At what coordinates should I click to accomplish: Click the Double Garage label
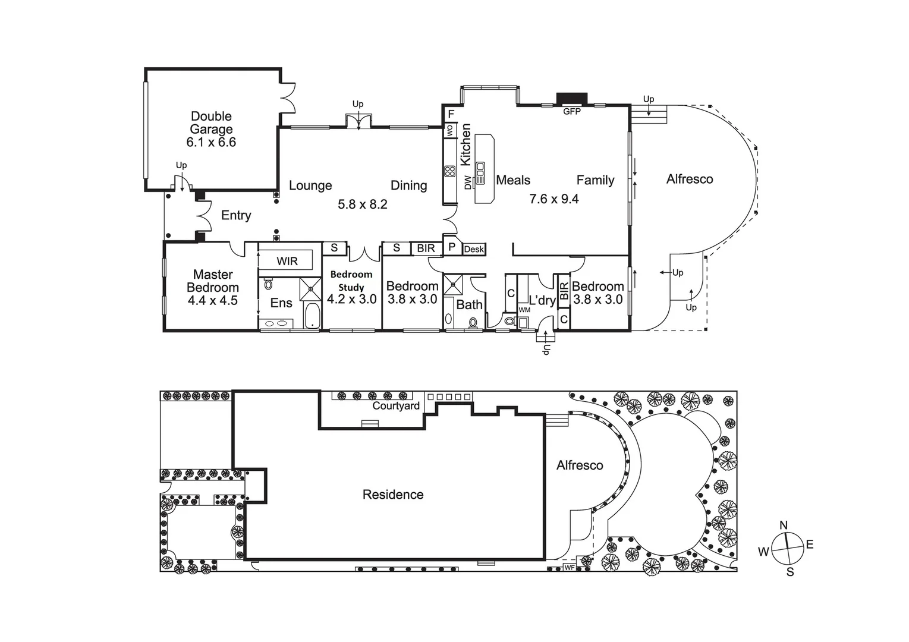[211, 123]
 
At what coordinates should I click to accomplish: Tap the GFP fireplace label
[571, 111]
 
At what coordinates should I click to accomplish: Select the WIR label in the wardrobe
[287, 261]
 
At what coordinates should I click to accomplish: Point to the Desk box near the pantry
[474, 249]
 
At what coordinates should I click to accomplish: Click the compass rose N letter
[784, 525]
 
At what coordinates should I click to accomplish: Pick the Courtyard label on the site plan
[396, 406]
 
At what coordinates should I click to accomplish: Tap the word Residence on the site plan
[393, 495]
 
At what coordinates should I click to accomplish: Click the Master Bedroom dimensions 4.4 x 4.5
[212, 301]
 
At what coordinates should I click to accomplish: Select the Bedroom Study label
[351, 281]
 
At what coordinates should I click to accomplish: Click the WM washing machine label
[524, 310]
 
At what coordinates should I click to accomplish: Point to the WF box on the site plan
[569, 568]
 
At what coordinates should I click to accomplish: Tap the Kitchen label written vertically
[465, 144]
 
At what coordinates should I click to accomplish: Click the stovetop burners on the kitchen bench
[449, 172]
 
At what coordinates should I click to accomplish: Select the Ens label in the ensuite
[281, 303]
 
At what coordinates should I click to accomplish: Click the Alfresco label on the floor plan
[690, 179]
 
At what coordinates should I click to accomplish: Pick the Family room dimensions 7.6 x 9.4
[554, 199]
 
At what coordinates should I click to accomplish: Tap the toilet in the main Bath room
[473, 323]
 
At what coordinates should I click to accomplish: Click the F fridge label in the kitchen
[451, 114]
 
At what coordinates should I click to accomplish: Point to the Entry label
[236, 215]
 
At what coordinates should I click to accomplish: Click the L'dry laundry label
[542, 300]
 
